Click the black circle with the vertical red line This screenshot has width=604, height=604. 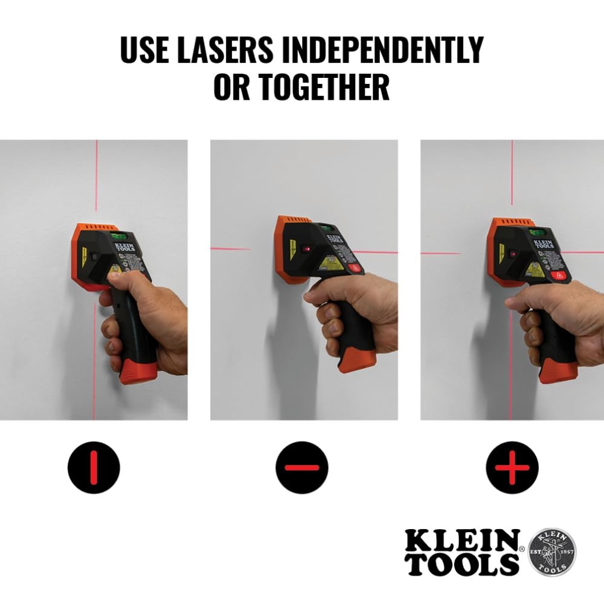point(94,467)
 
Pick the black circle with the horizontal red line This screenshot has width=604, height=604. point(302,467)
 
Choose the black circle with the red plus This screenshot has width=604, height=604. point(512,467)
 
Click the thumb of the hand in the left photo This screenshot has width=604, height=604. point(121,276)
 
